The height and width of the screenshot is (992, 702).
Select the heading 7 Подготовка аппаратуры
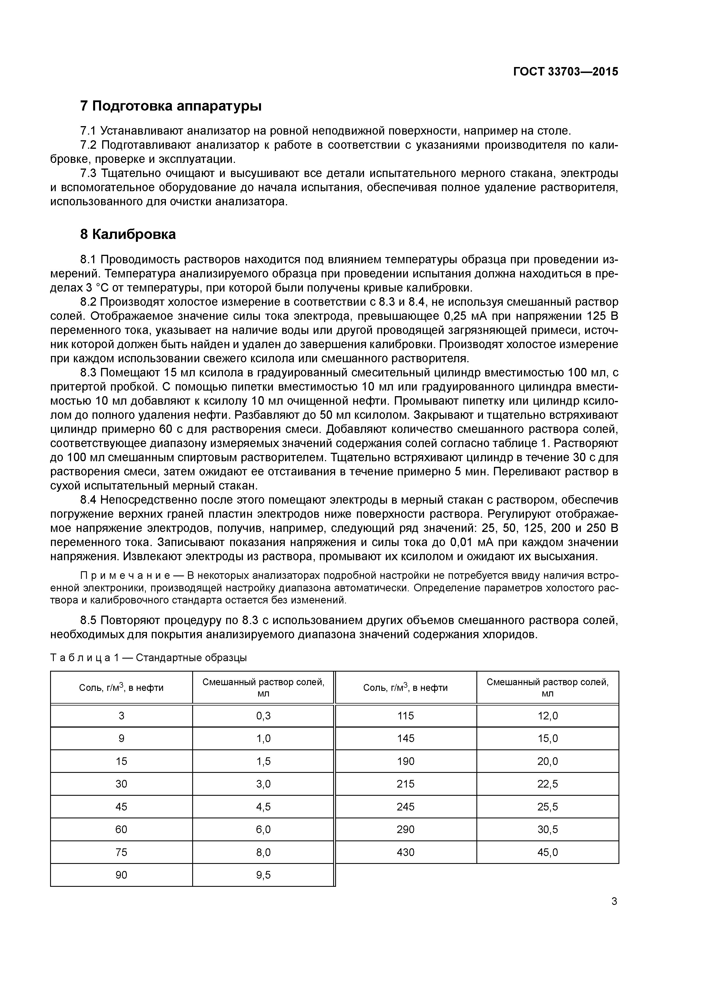171,106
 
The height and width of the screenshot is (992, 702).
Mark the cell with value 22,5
547,784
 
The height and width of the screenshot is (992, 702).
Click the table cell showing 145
405,738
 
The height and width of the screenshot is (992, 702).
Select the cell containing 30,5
547,829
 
